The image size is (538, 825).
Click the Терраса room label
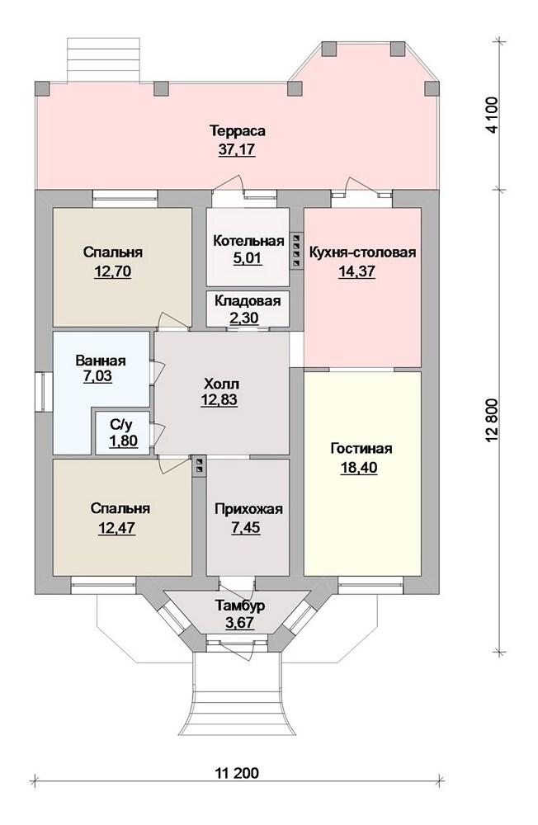pos(237,130)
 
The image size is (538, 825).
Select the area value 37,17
pos(237,149)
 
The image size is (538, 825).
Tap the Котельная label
pos(248,241)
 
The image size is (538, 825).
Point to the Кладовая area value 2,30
pos(248,318)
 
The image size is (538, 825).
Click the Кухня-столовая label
pos(362,252)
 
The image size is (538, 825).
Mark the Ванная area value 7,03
pos(97,377)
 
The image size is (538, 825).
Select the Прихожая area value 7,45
pos(247,527)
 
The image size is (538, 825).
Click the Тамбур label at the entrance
pos(239,606)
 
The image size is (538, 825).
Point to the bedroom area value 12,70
pos(112,271)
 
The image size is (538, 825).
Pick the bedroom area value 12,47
pos(116,527)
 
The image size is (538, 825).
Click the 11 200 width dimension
pos(237,774)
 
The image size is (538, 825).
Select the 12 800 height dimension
pos(492,421)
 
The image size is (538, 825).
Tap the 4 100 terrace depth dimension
pos(492,115)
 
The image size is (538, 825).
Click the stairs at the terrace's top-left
pos(104,60)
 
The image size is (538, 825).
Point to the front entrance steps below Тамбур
pos(237,695)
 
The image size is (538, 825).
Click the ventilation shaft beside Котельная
pos(296,252)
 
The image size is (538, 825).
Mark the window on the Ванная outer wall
pos(43,390)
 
